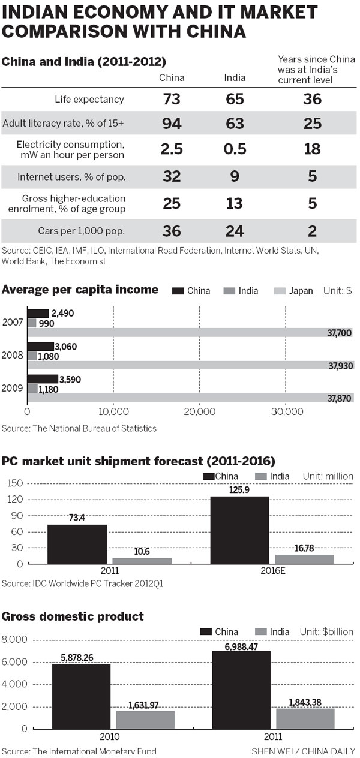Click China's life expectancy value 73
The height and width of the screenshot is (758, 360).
click(x=172, y=99)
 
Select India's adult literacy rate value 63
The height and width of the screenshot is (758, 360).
click(x=235, y=124)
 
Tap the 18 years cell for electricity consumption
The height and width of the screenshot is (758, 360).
click(x=313, y=149)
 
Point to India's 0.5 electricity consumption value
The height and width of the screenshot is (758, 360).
click(x=235, y=149)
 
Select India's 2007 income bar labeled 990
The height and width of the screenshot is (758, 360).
click(x=32, y=323)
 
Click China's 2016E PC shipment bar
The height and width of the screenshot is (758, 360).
click(x=239, y=530)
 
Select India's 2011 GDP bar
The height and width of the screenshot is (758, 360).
click(x=305, y=718)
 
